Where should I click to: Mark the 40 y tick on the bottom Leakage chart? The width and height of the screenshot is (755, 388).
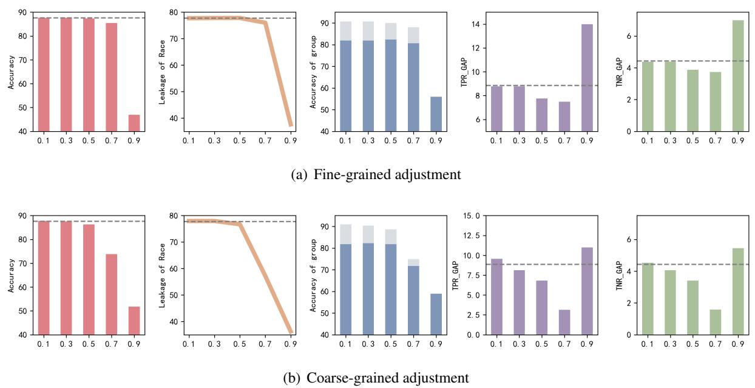point(173,322)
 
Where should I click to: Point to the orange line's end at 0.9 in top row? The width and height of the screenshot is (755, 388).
point(291,125)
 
